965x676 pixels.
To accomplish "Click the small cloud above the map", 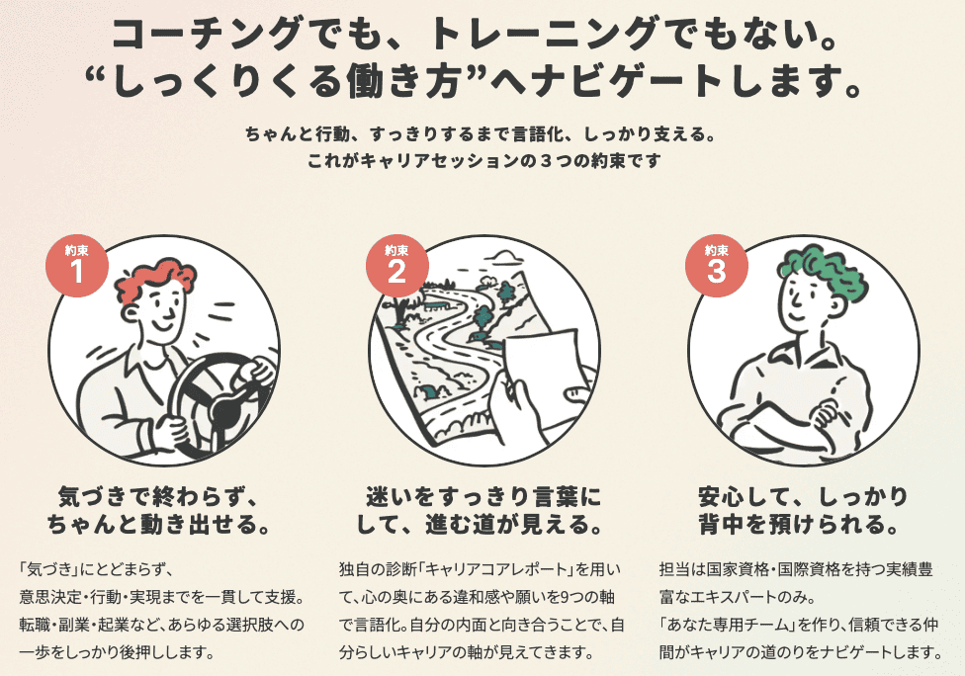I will (x=505, y=258).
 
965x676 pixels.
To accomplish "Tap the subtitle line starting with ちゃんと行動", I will (x=482, y=132).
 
